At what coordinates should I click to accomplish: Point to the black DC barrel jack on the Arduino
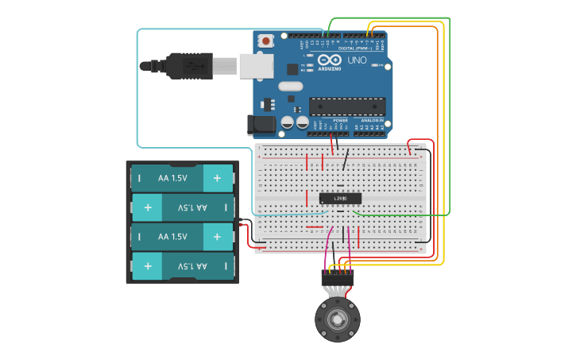[x=259, y=123]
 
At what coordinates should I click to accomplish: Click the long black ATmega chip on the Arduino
[x=347, y=106]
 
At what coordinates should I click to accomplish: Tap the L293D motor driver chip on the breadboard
[x=340, y=198]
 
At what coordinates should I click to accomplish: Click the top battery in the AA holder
[x=182, y=178]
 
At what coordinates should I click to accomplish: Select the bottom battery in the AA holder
[x=182, y=265]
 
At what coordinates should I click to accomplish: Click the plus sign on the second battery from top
[x=148, y=207]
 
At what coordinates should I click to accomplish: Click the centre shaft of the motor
[x=338, y=320]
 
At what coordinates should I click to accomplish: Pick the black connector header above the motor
[x=337, y=277]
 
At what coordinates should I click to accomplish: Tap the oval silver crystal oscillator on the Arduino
[x=291, y=86]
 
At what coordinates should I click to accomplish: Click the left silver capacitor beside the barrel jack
[x=288, y=122]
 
